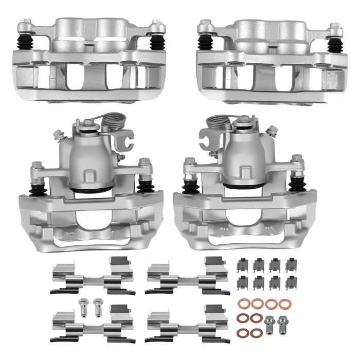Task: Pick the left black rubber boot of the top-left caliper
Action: [25, 43]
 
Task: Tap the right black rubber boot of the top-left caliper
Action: [156, 43]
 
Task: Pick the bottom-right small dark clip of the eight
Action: [292, 282]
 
